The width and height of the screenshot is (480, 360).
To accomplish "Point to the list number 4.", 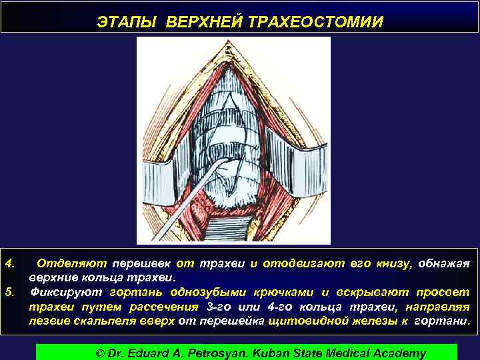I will (x=10, y=263).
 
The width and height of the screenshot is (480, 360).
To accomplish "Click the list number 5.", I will (x=10, y=292).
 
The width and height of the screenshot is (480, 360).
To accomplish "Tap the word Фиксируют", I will (x=66, y=292).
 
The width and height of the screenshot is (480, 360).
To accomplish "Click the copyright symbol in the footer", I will (x=101, y=353).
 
